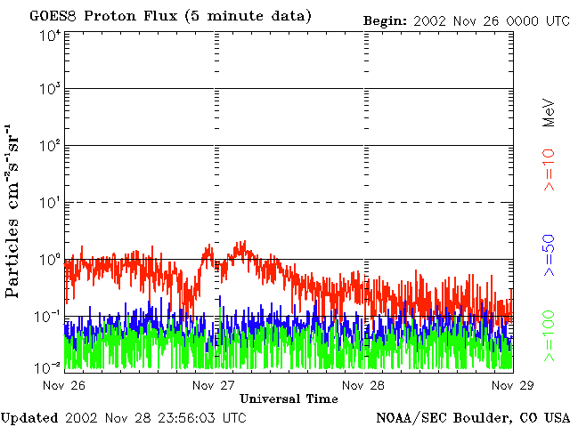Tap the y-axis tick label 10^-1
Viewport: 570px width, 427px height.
49,316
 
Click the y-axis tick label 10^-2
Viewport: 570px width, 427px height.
49,367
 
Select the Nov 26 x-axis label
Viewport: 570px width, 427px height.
64,385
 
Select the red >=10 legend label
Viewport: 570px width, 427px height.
550,170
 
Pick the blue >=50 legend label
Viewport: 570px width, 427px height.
550,255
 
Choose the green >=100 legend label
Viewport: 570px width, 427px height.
550,336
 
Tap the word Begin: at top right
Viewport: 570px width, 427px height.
385,20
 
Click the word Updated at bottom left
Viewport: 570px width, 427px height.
29,416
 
